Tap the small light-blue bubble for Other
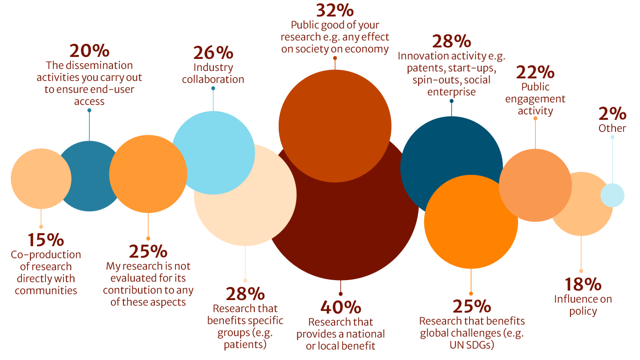tap(612, 195)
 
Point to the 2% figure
tap(612, 114)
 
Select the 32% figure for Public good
tap(334, 10)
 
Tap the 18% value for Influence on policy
tap(583, 285)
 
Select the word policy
tap(583, 312)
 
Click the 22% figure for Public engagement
tap(535, 72)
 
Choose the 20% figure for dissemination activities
tap(89, 51)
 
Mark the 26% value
tap(213, 52)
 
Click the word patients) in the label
tap(245, 344)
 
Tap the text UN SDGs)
tap(472, 345)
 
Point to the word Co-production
tap(46, 255)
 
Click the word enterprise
tap(451, 92)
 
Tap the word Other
tap(612, 128)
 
